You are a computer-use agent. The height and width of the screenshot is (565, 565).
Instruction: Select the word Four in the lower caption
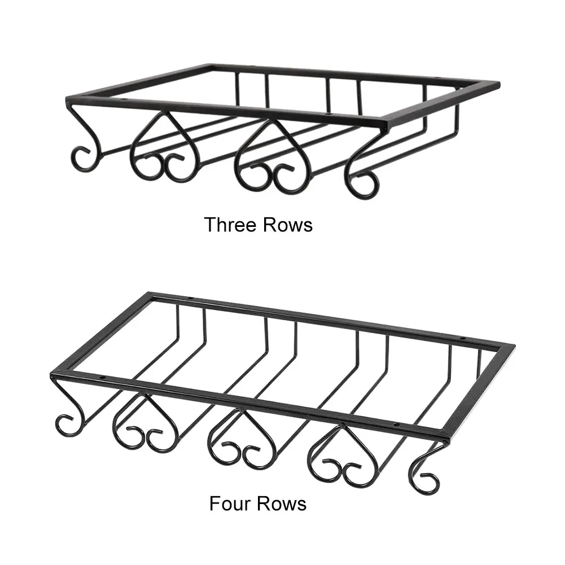pos(231,502)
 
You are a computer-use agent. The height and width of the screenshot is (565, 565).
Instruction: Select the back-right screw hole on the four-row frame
pos(462,339)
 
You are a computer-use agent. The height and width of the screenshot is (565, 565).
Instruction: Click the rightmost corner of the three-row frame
pos(499,85)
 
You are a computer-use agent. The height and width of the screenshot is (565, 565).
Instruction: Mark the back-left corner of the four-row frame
pos(150,294)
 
